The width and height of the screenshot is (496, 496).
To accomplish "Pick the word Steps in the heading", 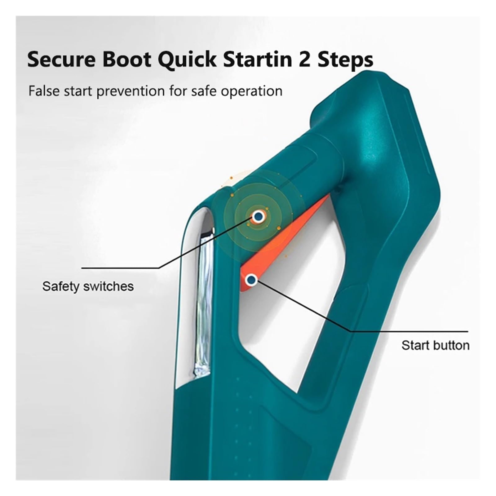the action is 345,60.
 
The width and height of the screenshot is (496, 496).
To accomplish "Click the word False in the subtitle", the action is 44,91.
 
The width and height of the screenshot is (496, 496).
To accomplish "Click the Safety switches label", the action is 88,286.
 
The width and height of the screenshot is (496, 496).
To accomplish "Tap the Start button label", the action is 436,345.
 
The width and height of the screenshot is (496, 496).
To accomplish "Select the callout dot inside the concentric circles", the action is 258,217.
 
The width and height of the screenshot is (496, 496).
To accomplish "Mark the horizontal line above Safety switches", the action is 121,268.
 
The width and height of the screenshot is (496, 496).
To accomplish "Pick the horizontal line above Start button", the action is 409,331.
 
